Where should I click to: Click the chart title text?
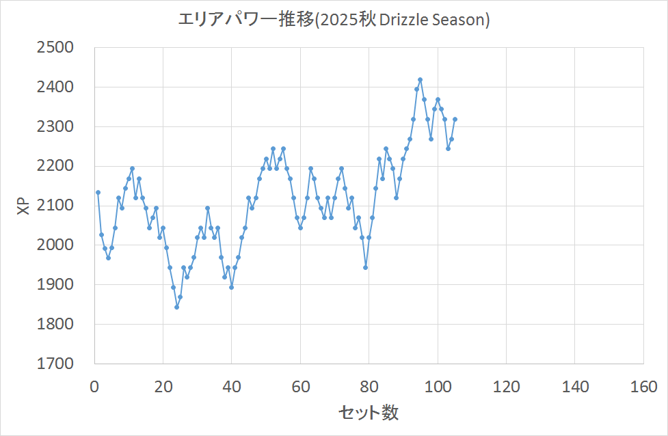(334, 21)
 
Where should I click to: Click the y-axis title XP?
(23, 206)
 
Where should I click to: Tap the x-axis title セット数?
(369, 412)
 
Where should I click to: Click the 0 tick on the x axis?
(94, 387)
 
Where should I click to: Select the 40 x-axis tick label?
(232, 387)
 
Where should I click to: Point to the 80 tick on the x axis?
(369, 387)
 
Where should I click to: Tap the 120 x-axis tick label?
(506, 387)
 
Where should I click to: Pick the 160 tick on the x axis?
(643, 387)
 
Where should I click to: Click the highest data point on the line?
(420, 80)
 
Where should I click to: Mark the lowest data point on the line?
(176, 307)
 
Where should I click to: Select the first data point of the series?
(98, 192)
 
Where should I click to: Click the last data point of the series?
(455, 119)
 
